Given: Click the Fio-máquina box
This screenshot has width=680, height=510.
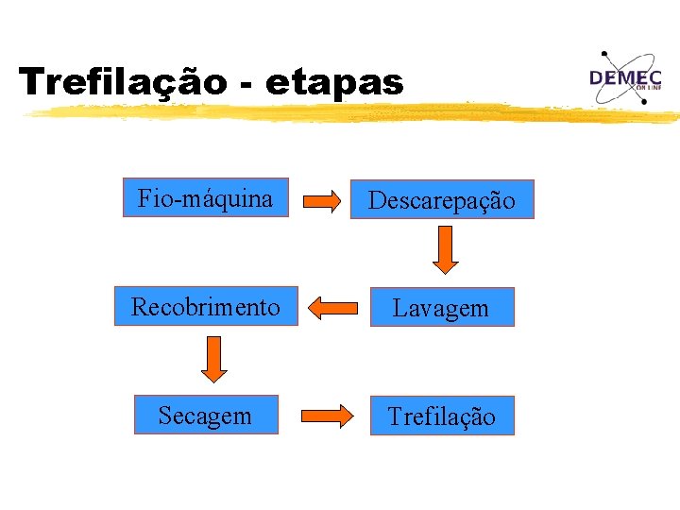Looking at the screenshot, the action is pyautogui.click(x=205, y=198).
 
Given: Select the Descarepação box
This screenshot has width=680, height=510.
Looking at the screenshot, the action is pyautogui.click(x=442, y=200).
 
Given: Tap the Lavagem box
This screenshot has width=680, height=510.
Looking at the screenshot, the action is pyautogui.click(x=441, y=307).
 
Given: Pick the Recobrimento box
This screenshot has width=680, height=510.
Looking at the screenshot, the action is pyautogui.click(x=206, y=306).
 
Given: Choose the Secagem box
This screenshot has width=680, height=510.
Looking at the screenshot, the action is pyautogui.click(x=206, y=415).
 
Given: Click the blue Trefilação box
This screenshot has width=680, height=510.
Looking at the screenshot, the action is pyautogui.click(x=441, y=416).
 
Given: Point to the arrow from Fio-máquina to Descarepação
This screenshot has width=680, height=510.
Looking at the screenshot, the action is pyautogui.click(x=321, y=200).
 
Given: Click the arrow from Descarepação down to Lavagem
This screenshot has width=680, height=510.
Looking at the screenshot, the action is pyautogui.click(x=446, y=250).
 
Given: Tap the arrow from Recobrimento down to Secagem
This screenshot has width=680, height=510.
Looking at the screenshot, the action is pyautogui.click(x=214, y=359).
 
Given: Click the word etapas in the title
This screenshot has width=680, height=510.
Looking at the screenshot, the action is pyautogui.click(x=334, y=83).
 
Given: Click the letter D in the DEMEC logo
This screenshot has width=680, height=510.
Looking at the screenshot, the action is pyautogui.click(x=599, y=78).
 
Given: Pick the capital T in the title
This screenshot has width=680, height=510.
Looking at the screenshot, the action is pyautogui.click(x=32, y=81).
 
